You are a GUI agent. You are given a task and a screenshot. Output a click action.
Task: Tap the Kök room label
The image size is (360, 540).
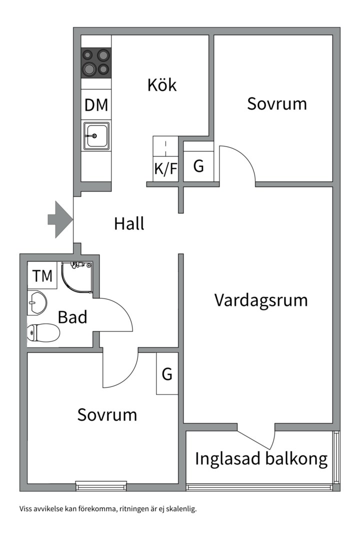tap(162, 85)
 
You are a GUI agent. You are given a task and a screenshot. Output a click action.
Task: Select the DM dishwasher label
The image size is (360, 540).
tap(96, 105)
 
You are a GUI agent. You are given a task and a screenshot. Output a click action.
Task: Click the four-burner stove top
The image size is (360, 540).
tap(96, 62)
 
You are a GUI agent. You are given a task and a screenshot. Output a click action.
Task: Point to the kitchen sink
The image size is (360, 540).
tap(96, 135)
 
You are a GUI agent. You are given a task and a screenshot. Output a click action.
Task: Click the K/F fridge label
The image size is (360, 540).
tap(165, 169)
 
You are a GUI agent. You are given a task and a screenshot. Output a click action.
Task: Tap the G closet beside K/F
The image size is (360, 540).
tap(198, 166)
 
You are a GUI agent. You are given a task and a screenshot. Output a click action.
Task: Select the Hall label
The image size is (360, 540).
tap(129, 223)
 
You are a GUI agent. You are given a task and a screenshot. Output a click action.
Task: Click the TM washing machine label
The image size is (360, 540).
tap(42, 275)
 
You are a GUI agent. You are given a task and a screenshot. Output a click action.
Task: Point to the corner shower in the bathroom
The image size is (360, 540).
tap(76, 278)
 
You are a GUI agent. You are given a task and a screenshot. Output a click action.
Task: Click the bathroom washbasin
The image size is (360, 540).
tap(37, 302)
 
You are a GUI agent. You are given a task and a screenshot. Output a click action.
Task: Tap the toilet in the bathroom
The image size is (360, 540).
tap(43, 332)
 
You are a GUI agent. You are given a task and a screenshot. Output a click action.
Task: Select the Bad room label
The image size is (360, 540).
tap(72, 317)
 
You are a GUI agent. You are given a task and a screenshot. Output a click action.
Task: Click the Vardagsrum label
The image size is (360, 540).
tap(261, 300)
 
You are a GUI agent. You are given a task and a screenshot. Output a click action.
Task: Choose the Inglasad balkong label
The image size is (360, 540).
tap(261, 458)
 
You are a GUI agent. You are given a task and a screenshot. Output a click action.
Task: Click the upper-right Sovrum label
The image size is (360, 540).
tap(277, 104)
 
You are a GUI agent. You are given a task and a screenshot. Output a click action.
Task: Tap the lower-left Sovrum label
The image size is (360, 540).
tap(107, 414)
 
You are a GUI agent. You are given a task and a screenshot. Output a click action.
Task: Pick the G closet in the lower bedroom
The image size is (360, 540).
tap(167, 373)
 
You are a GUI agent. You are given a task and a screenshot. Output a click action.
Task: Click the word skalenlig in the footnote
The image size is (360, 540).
tap(182, 509)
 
